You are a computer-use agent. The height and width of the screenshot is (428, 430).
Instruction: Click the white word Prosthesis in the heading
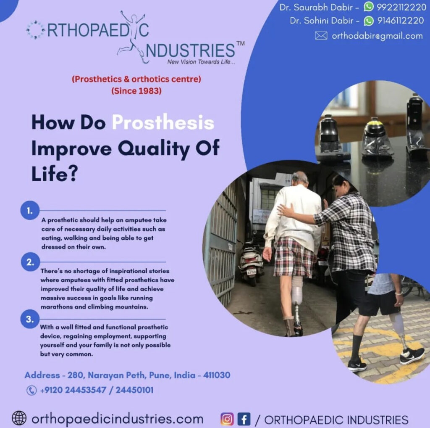click(163, 123)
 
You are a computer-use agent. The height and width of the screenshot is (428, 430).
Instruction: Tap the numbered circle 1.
click(30, 211)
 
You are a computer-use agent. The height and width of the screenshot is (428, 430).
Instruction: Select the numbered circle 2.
click(30, 262)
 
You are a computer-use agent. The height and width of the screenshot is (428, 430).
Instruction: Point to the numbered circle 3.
click(30, 319)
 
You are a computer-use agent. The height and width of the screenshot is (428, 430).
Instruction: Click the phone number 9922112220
click(401, 7)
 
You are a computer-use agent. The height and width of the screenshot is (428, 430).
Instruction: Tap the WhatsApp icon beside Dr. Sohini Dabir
click(369, 21)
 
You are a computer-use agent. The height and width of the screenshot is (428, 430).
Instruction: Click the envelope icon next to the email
click(321, 36)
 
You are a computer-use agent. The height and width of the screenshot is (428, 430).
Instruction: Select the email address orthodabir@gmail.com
click(377, 36)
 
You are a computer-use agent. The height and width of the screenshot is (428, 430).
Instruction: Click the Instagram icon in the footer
click(227, 419)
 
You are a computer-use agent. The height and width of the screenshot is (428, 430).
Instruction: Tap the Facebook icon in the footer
click(244, 419)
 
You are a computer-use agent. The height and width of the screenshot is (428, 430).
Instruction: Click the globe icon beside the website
click(19, 418)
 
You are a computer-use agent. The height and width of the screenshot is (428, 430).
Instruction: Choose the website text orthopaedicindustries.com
click(118, 419)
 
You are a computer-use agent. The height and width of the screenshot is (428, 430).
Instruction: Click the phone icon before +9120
click(31, 391)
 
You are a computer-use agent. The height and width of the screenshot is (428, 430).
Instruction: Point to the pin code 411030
click(217, 375)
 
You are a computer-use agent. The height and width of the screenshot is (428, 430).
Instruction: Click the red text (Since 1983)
click(136, 90)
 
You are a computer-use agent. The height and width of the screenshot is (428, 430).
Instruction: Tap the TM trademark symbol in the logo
click(241, 43)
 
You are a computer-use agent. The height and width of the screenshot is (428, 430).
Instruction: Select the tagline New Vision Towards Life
click(201, 62)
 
